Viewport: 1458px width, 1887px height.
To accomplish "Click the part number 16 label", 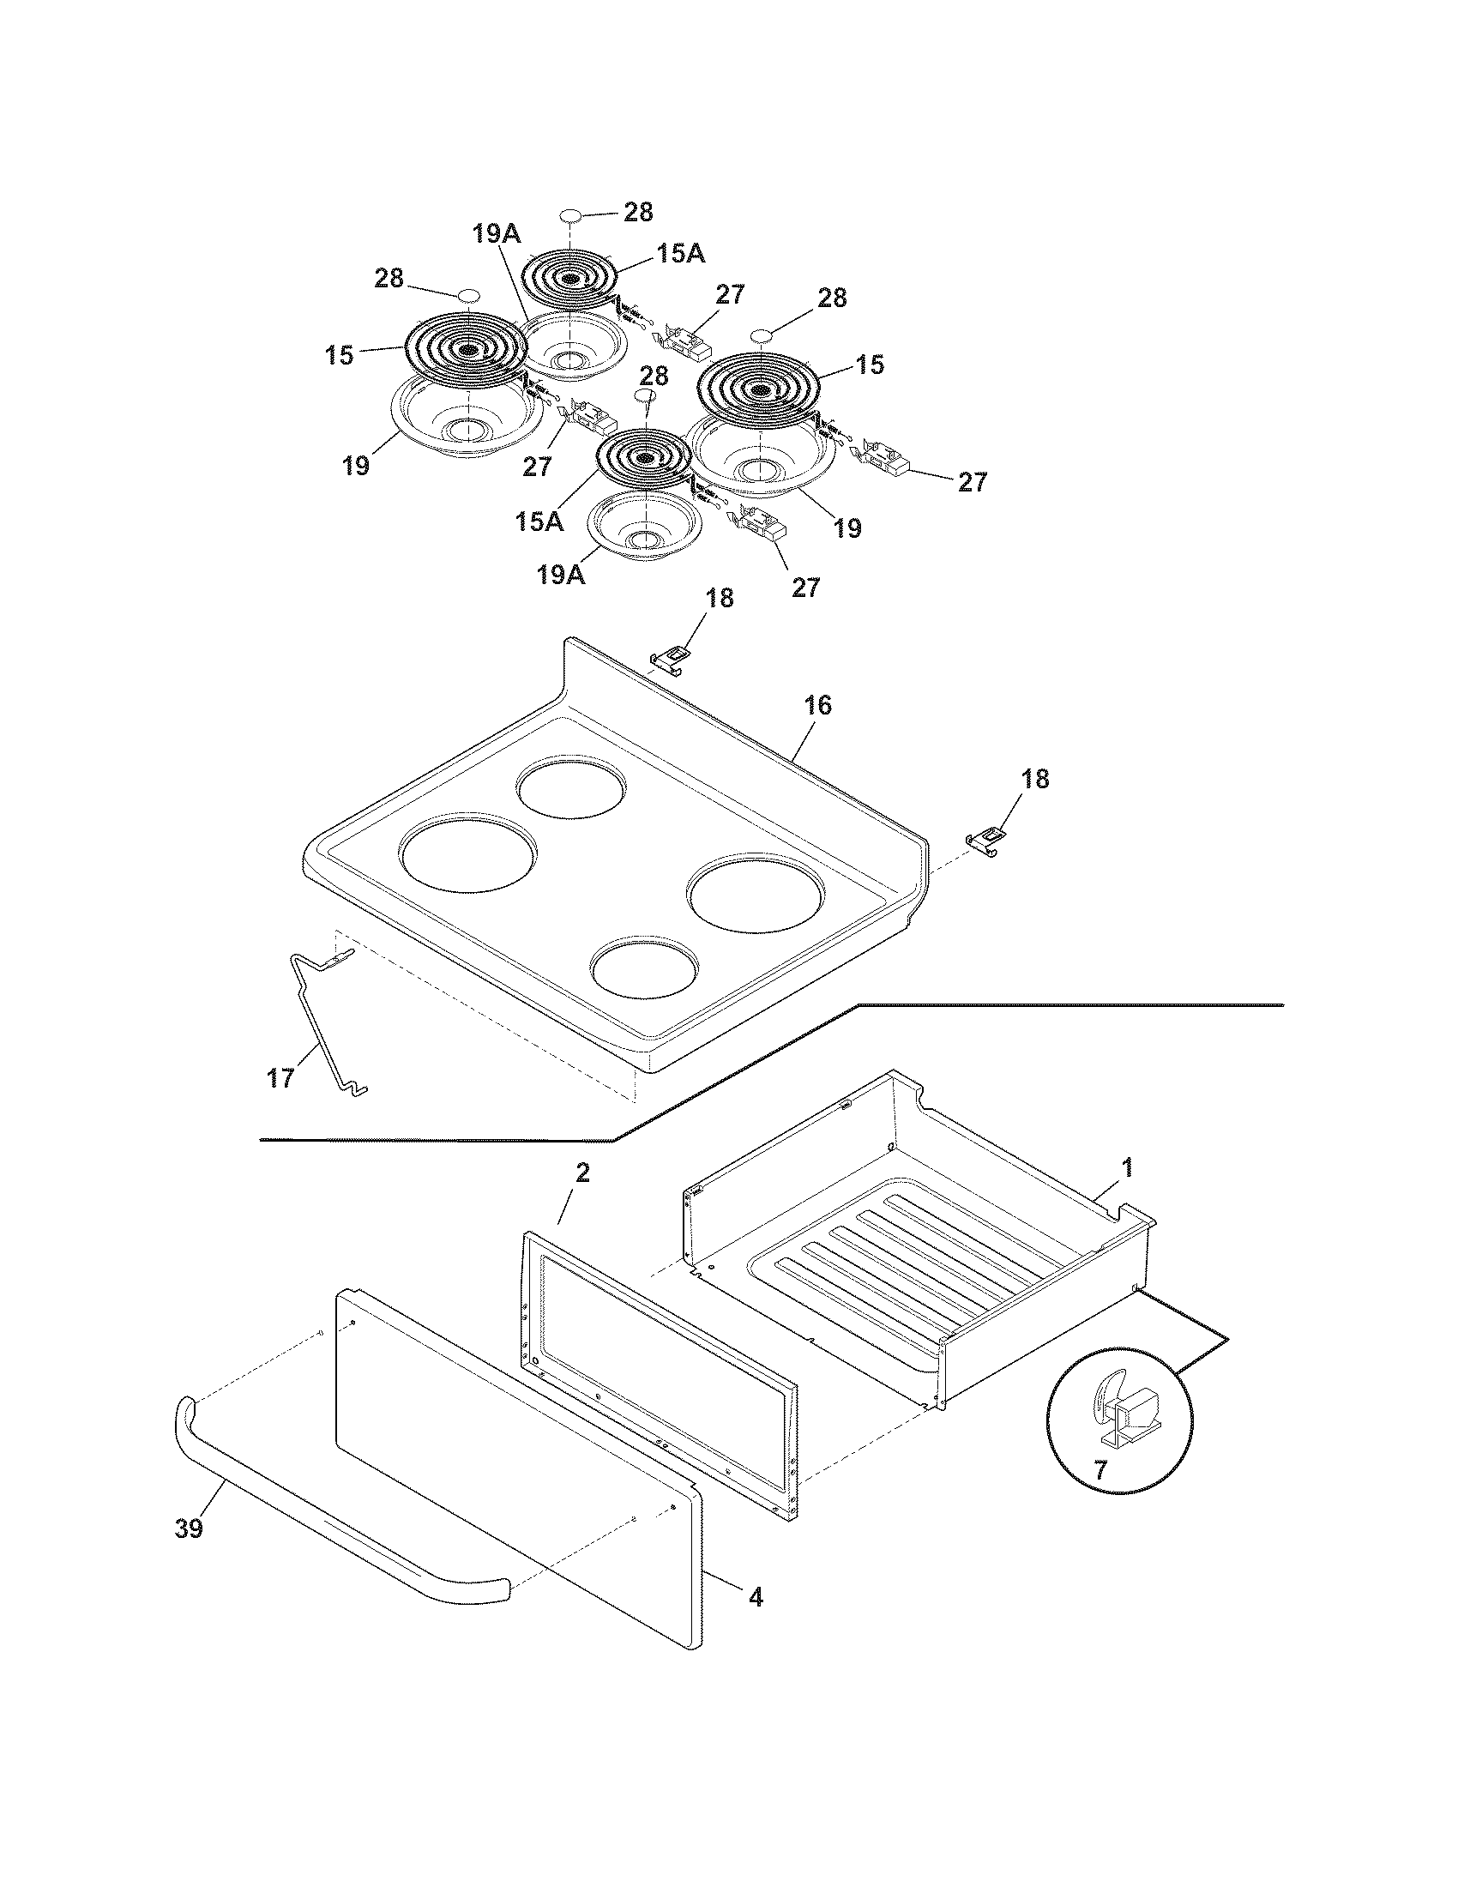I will point(817,706).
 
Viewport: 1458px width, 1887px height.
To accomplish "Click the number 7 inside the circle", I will point(1100,1469).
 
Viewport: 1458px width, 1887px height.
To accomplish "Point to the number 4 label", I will point(756,1598).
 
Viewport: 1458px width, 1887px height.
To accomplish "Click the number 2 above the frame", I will point(583,1173).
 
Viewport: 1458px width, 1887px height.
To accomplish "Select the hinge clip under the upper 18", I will point(672,660).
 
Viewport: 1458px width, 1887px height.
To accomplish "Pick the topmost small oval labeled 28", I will point(569,215).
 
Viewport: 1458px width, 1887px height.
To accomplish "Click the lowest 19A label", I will point(561,575).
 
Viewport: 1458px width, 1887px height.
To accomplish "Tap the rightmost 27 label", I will point(972,482).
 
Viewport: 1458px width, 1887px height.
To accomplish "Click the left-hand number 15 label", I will point(340,355).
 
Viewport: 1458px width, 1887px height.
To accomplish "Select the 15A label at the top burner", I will point(681,253).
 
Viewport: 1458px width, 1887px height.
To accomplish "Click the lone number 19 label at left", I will point(355,466).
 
